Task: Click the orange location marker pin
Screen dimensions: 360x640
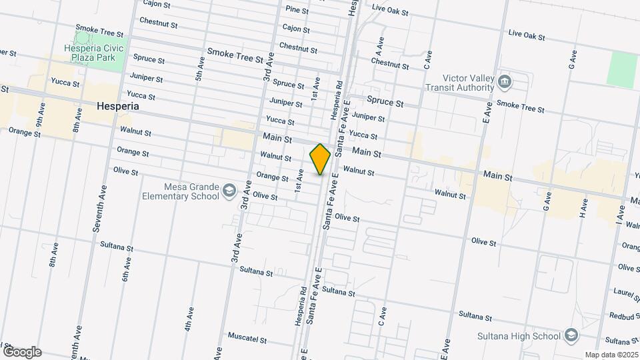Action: pos(320,159)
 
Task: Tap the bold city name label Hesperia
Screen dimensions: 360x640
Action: pos(117,106)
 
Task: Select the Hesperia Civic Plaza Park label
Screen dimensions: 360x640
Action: pos(94,53)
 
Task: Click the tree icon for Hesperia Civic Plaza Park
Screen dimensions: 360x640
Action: pos(81,34)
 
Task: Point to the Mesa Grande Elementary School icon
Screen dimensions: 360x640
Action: pos(229,191)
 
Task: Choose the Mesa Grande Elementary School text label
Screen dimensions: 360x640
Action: pos(181,191)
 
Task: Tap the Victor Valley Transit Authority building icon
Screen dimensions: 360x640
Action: pos(505,82)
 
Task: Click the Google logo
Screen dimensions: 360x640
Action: pos(22,351)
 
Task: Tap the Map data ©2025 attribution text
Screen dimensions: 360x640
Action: pos(611,355)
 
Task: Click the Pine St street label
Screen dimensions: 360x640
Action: pos(296,10)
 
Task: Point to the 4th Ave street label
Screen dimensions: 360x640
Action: pos(190,319)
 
